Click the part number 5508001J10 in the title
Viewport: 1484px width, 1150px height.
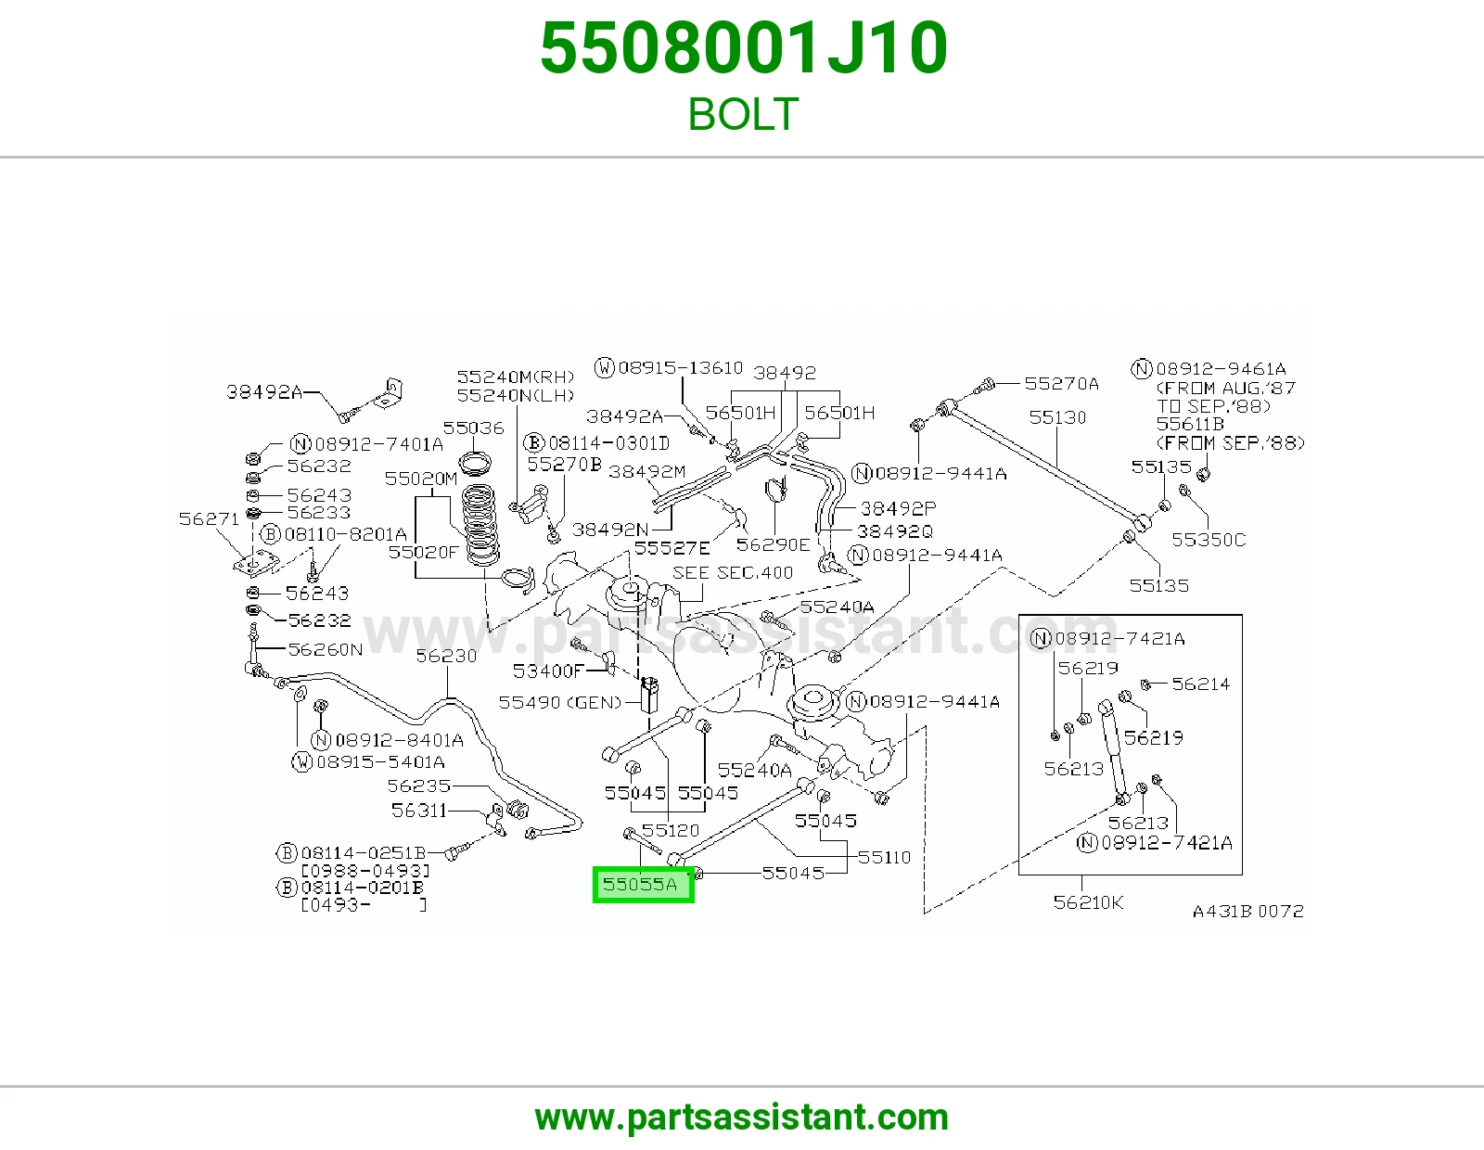coord(744,48)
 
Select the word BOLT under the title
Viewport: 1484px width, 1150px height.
coord(743,114)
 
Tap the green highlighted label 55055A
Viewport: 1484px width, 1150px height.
coord(643,885)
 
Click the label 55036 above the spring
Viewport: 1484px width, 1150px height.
coord(473,428)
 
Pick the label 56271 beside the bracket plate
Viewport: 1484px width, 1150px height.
coord(209,519)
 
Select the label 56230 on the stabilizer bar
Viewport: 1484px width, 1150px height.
coord(446,656)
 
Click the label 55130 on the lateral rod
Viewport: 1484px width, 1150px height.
coord(1057,417)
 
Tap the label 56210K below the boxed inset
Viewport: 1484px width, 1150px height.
coord(1088,902)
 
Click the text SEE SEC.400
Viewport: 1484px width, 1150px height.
coord(733,573)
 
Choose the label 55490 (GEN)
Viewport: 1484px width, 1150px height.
coord(560,703)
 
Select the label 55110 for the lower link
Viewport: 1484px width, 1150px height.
coord(885,858)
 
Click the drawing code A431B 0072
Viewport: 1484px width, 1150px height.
coord(1247,912)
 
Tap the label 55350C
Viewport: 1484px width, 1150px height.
coord(1209,540)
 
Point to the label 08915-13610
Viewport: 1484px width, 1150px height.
coord(680,368)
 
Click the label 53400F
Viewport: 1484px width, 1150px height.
coord(548,671)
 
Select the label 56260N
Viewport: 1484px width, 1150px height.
coord(325,649)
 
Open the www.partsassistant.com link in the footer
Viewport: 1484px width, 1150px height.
coord(742,1118)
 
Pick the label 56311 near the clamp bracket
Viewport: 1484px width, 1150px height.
coord(418,811)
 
